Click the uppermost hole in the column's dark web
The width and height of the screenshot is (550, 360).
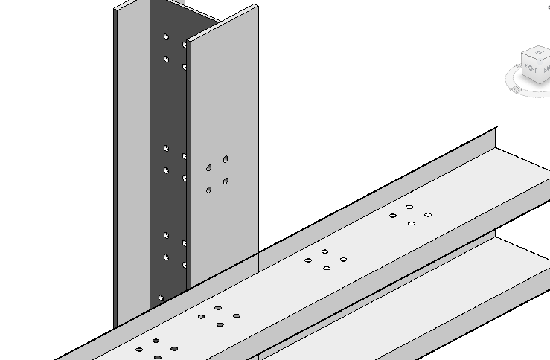[x=167, y=36]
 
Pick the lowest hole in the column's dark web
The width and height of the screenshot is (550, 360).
[x=162, y=298]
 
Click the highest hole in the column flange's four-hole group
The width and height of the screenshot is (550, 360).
[x=226, y=158]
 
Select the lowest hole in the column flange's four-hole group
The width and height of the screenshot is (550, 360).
[x=208, y=190]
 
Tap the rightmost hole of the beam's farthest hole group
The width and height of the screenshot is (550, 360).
[x=428, y=215]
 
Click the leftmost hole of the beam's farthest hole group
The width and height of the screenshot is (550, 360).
[x=393, y=216]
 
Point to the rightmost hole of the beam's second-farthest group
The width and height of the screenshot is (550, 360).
[x=343, y=260]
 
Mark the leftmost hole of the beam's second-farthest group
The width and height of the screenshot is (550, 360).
[x=308, y=260]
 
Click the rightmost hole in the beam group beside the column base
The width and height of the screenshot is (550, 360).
[x=237, y=316]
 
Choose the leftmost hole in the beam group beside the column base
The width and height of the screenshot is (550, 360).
[x=202, y=317]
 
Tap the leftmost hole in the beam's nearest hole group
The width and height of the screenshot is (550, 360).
[x=139, y=350]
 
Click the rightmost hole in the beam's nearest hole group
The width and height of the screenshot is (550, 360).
[x=174, y=348]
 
